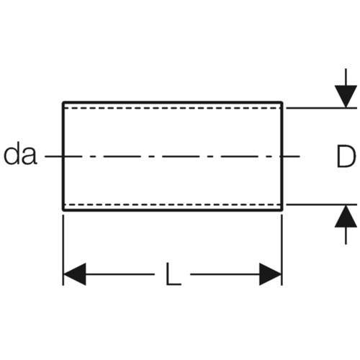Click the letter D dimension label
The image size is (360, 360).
click(346, 156)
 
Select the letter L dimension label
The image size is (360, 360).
click(174, 274)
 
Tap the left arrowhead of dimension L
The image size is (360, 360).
click(74, 274)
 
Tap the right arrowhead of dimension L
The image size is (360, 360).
click(270, 274)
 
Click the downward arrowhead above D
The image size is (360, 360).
click(346, 96)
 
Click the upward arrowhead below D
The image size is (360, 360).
click(346, 216)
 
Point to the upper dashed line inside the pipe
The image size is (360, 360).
click(173, 108)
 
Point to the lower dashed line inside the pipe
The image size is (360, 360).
click(173, 204)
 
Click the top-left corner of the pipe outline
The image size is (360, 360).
click(63, 102)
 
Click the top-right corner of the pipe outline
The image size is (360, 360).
click(282, 102)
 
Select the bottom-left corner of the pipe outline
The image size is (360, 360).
click(63, 210)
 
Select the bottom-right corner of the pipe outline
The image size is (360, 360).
click(282, 210)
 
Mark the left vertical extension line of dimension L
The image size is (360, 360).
click(63, 250)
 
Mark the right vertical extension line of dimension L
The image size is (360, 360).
click(282, 250)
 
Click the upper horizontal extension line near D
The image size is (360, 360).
click(322, 108)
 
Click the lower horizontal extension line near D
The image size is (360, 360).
click(322, 204)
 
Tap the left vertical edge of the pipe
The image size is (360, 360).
click(63, 156)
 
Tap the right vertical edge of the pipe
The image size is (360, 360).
click(282, 156)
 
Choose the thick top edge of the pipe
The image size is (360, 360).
click(173, 102)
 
